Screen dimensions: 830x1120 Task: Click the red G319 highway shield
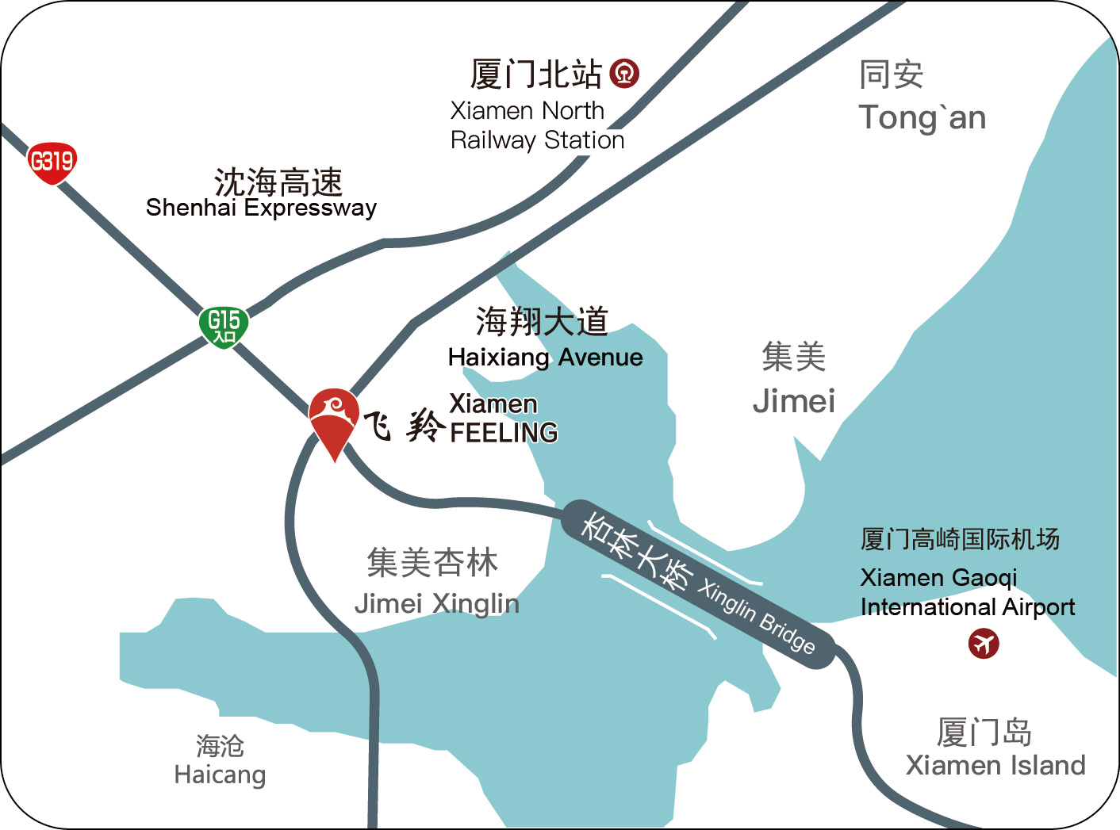52,163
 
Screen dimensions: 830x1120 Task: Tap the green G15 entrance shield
224,326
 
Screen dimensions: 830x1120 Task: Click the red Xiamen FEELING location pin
334,420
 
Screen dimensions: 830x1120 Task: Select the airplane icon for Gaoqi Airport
984,643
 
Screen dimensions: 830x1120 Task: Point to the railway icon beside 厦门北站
624,74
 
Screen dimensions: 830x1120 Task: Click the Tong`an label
922,118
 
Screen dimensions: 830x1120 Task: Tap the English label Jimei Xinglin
437,604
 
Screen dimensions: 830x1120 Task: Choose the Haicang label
220,775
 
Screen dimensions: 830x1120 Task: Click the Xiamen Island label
995,765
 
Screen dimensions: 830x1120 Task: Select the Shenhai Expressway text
261,208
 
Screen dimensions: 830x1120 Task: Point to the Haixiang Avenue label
545,358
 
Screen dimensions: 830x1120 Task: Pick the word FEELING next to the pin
504,433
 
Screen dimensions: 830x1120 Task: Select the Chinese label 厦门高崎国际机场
960,540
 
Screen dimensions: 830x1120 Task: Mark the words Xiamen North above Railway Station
527,110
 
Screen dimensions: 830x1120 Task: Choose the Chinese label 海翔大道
542,322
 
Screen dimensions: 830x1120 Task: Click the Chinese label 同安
892,75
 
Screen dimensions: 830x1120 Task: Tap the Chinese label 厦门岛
984,732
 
